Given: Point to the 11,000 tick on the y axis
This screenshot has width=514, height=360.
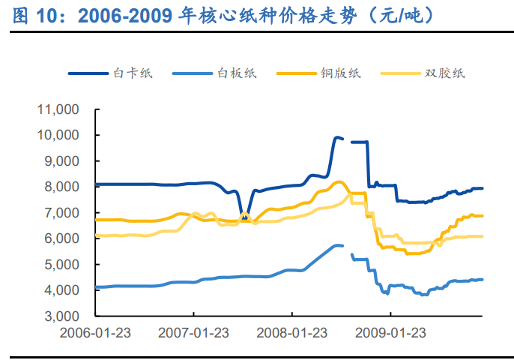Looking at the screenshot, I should point(58,109).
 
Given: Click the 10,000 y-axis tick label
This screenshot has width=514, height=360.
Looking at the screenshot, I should point(58,135).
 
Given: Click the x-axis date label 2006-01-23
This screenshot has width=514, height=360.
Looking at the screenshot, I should point(95,332).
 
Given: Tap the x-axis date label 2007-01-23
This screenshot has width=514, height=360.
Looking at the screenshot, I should point(193,332).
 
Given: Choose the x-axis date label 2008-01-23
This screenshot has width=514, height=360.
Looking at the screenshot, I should point(292,332).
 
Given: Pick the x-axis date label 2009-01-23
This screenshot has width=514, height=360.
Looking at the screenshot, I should point(390,332).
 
